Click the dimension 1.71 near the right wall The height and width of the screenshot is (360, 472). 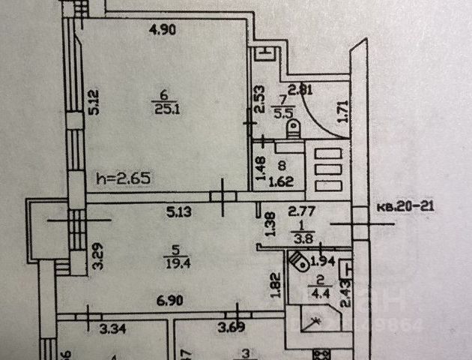click(x=344, y=112)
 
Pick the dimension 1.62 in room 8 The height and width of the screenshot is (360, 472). click(x=280, y=181)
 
